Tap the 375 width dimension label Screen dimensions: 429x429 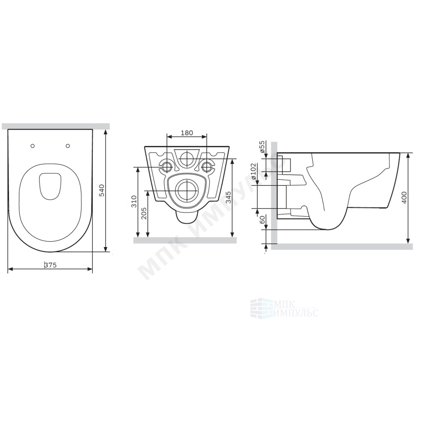[50, 265]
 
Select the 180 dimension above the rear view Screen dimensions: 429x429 [187, 133]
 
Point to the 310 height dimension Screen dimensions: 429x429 [134, 201]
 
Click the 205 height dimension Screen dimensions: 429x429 [144, 213]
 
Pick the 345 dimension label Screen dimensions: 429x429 [229, 197]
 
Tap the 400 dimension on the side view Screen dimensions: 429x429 [405, 197]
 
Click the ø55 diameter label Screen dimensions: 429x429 [262, 147]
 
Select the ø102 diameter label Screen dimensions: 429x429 [254, 171]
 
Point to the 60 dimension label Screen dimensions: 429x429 [263, 220]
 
